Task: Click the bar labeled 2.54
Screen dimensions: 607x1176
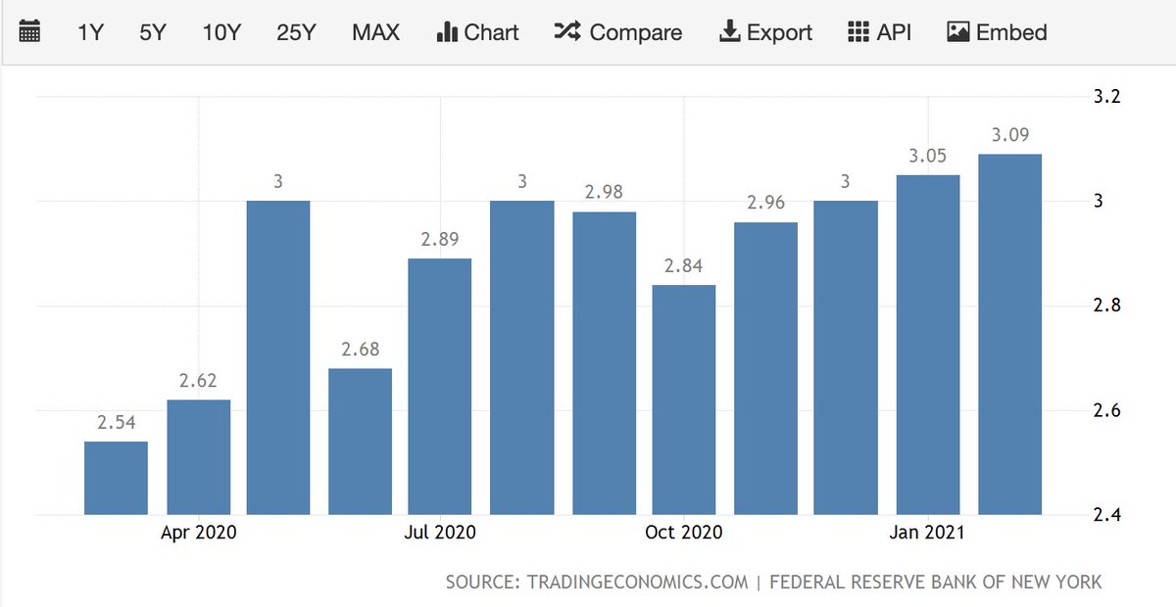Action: pyautogui.click(x=116, y=478)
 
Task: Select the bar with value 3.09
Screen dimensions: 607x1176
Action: pyautogui.click(x=1009, y=334)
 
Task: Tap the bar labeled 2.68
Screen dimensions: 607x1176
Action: pyautogui.click(x=360, y=442)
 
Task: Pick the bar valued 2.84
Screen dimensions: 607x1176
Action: pyautogui.click(x=684, y=399)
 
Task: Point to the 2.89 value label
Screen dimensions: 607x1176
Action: pyautogui.click(x=440, y=240)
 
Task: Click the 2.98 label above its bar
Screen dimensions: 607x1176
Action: pyautogui.click(x=604, y=193)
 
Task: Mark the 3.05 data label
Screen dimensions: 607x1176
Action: pyautogui.click(x=929, y=157)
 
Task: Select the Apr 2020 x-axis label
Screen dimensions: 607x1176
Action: pyautogui.click(x=198, y=533)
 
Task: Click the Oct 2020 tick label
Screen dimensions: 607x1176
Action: pyautogui.click(x=683, y=533)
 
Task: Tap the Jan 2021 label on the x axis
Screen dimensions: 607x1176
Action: pyautogui.click(x=927, y=533)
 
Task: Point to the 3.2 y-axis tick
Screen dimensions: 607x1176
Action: pyautogui.click(x=1106, y=97)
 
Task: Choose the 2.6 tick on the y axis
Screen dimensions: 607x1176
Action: pyautogui.click(x=1106, y=410)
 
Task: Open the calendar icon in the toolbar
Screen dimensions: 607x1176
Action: pyautogui.click(x=30, y=32)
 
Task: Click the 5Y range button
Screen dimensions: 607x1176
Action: pyautogui.click(x=153, y=32)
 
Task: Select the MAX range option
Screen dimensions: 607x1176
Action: pyautogui.click(x=375, y=32)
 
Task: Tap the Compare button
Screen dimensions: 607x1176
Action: pyautogui.click(x=619, y=32)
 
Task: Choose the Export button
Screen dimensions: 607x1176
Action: pyautogui.click(x=765, y=32)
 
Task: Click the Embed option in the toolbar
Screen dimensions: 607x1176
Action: pyautogui.click(x=997, y=32)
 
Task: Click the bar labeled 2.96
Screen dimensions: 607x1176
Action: pyautogui.click(x=765, y=368)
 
